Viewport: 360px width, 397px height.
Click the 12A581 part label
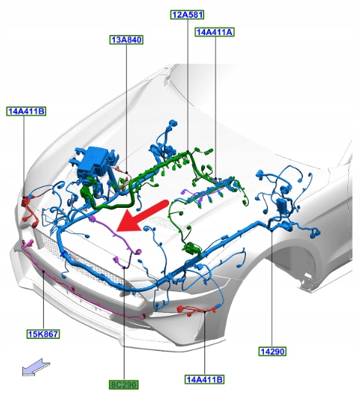[x=187, y=15]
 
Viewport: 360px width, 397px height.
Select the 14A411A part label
[x=215, y=32]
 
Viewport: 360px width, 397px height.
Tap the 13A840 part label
[x=127, y=39]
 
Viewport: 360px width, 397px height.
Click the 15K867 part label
[x=43, y=334]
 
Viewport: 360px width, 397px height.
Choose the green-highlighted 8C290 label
[x=124, y=384]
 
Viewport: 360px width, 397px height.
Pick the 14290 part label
[x=272, y=351]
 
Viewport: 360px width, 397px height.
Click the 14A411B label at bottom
[x=204, y=379]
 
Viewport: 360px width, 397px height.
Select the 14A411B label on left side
[x=26, y=111]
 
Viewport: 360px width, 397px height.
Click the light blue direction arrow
[x=36, y=367]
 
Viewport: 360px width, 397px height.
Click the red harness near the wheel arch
[x=195, y=311]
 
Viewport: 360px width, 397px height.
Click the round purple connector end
[x=138, y=252]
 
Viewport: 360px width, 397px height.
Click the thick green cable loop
[x=109, y=200]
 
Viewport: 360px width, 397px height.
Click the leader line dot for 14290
[x=271, y=231]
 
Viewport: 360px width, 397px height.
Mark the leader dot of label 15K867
[x=43, y=271]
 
